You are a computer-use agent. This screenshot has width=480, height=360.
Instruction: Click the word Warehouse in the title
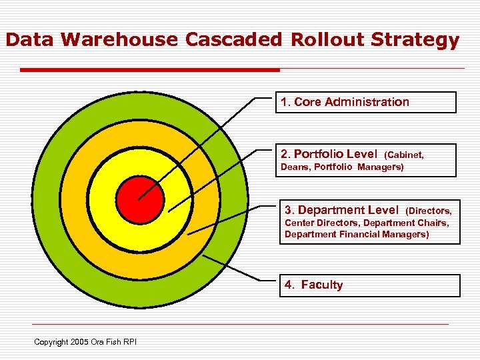[121, 40]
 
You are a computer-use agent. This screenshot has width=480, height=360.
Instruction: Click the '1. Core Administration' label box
[365, 102]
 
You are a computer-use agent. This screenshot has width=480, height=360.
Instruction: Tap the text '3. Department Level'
[341, 210]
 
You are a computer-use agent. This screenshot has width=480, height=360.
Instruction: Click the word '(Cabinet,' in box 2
[405, 155]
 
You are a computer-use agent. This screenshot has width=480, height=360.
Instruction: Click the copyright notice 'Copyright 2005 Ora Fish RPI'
[85, 342]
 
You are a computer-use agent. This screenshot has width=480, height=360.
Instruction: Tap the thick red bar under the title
[150, 69]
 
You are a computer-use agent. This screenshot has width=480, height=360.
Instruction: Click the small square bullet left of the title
[2, 41]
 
